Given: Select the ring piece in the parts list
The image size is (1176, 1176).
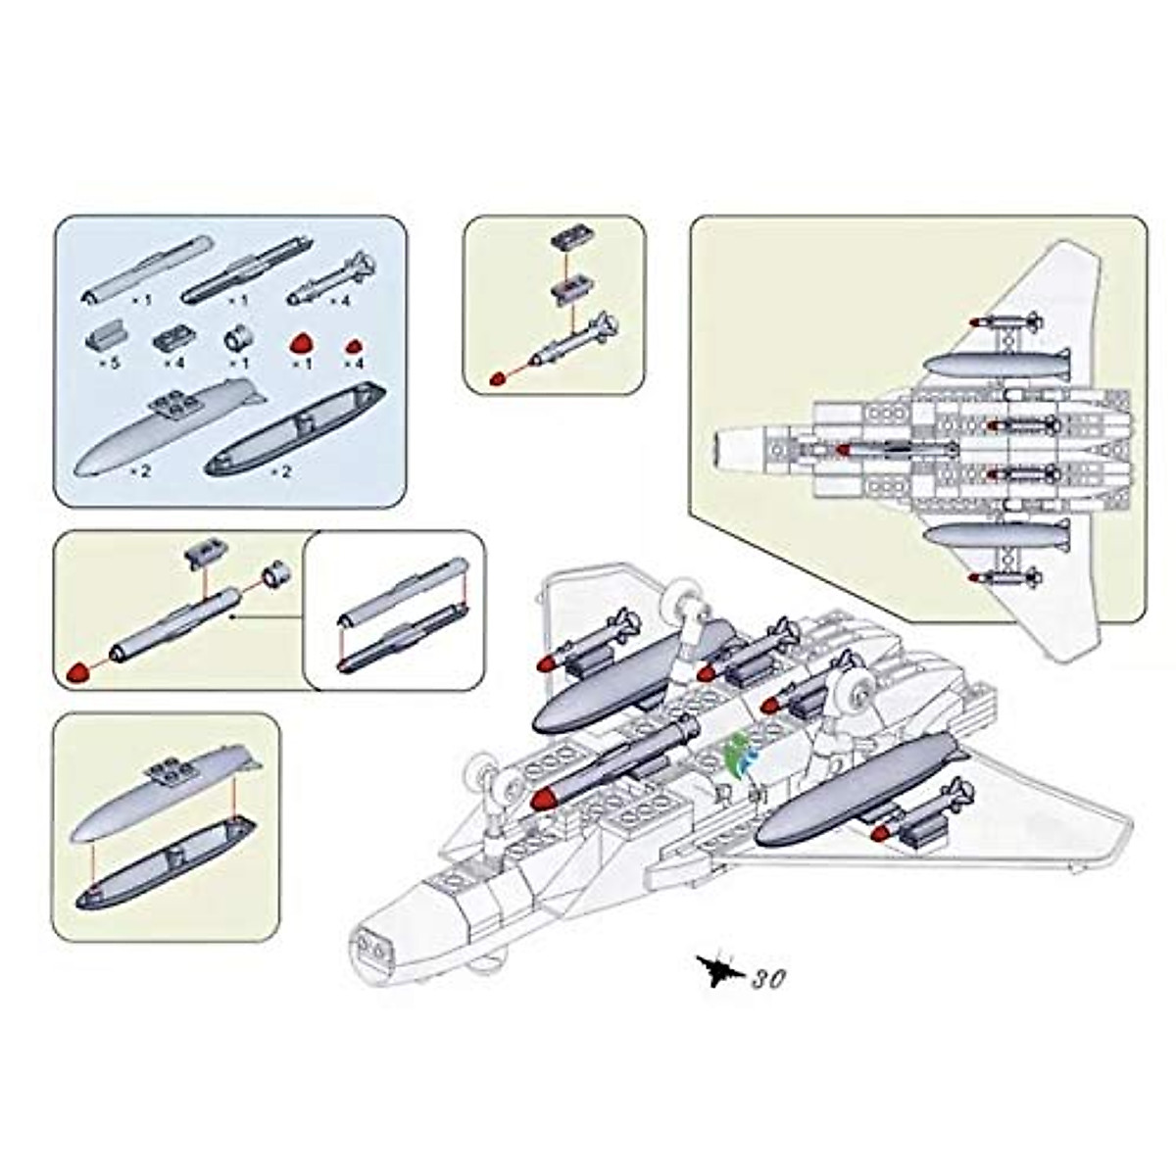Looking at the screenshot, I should [240, 340].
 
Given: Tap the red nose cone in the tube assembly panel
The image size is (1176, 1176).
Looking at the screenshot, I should [78, 673].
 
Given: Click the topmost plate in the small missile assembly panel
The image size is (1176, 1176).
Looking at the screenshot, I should [566, 240].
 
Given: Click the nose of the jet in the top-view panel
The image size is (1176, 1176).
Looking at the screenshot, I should [720, 450].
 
